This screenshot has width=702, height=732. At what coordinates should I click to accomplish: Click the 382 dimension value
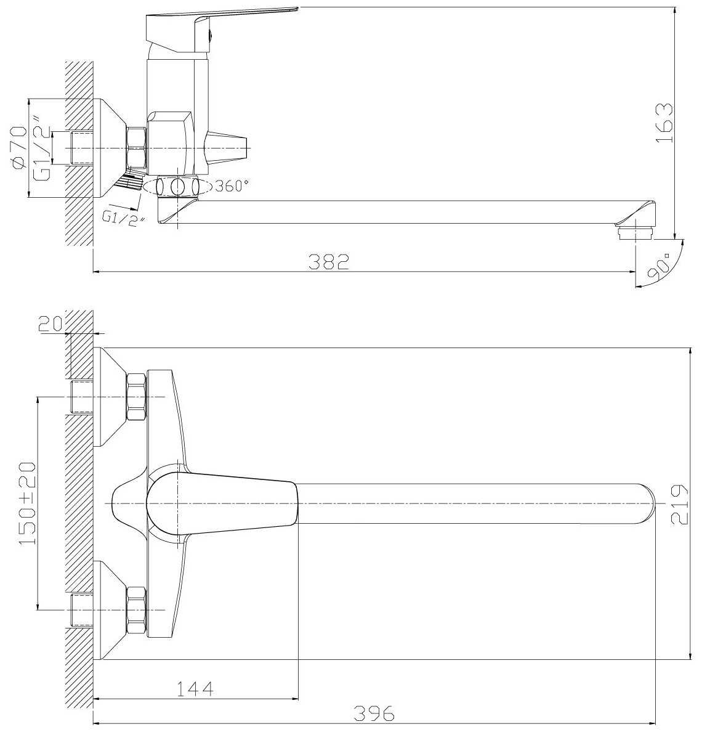coord(329,261)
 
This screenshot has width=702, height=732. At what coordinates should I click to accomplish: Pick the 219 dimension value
coord(679,504)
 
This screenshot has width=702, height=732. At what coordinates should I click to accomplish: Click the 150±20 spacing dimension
coord(28,504)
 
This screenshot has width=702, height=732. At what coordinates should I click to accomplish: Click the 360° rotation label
coord(232,185)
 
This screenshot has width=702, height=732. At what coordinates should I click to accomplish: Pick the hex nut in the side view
coord(136,148)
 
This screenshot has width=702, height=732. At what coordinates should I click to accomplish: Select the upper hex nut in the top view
coord(136,396)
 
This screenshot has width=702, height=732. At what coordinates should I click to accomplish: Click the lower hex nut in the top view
coord(136,610)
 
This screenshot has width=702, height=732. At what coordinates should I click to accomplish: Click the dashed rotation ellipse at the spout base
coord(178,186)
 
